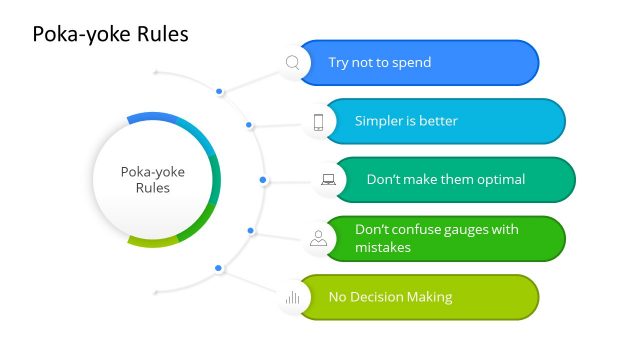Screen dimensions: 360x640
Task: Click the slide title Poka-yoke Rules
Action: point(110,35)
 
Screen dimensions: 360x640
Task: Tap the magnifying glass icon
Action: point(293,63)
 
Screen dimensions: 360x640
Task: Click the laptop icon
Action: point(328,180)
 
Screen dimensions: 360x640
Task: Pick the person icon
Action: point(318,238)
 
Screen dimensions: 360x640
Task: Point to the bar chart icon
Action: point(293,297)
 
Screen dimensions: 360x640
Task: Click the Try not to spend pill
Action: point(419,63)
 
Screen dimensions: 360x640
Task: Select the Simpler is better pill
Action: point(445,122)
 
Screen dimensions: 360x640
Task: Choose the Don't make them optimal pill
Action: point(455,180)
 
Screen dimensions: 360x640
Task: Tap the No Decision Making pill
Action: point(419,297)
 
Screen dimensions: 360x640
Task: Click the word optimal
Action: point(500,180)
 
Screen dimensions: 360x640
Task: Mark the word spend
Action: point(411,63)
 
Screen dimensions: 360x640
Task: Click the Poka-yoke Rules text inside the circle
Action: point(153,179)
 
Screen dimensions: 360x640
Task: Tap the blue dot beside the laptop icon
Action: point(263,180)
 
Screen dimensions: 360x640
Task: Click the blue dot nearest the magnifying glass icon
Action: point(220,92)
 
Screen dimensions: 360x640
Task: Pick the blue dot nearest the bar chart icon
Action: point(219,267)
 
